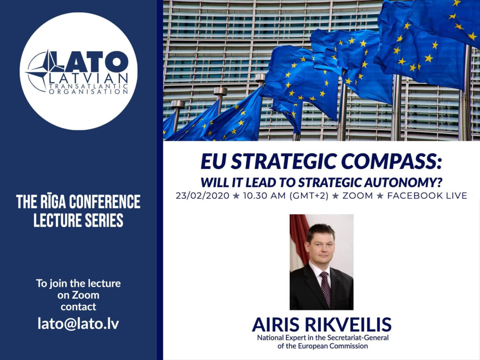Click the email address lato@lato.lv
79,324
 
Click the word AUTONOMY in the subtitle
404,182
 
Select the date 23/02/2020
202,195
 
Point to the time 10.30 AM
264,195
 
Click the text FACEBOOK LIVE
427,195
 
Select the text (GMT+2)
309,195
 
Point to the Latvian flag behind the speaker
298,242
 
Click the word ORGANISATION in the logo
88,92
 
